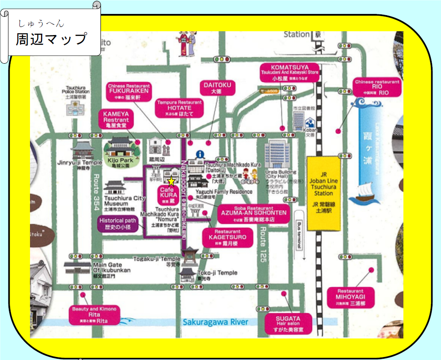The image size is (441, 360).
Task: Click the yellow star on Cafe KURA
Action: [171, 181]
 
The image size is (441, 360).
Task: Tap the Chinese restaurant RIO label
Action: [377, 87]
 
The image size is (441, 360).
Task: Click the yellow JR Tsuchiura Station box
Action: [324, 194]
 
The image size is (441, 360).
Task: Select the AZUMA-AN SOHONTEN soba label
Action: [253, 215]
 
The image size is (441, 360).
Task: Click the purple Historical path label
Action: [118, 223]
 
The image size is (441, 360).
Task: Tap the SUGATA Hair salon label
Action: [288, 323]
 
